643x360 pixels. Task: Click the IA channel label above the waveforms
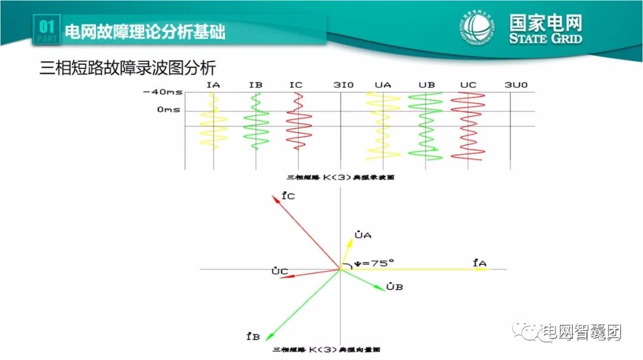pos(213,84)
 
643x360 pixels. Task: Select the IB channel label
pos(255,84)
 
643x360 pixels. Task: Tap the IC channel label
pos(296,84)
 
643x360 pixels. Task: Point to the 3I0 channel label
pos(343,84)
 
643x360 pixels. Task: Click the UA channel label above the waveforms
pos(383,84)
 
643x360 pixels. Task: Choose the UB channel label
pos(426,84)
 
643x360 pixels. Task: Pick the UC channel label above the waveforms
pos(468,84)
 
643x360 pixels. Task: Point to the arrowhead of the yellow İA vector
pos(486,269)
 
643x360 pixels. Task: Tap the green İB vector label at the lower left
pos(252,337)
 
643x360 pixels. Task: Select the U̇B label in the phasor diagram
pos(395,287)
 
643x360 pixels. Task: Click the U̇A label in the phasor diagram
pos(363,236)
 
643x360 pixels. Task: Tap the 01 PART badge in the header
pos(46,30)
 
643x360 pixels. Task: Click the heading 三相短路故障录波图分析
pos(127,67)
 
